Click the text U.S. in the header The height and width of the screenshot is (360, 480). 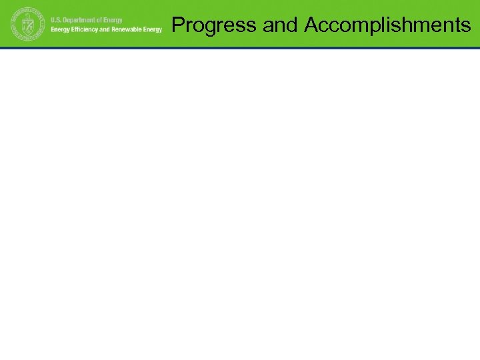pyautogui.click(x=57, y=20)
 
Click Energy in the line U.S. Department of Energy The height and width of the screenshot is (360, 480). pyautogui.click(x=115, y=20)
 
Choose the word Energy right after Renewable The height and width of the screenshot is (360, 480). pyautogui.click(x=152, y=30)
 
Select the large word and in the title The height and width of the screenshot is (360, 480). pyautogui.click(x=280, y=25)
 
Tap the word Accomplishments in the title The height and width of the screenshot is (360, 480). pyautogui.click(x=387, y=25)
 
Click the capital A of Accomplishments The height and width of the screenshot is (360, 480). pyautogui.click(x=311, y=25)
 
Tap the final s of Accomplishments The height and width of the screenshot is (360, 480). pyautogui.click(x=466, y=26)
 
